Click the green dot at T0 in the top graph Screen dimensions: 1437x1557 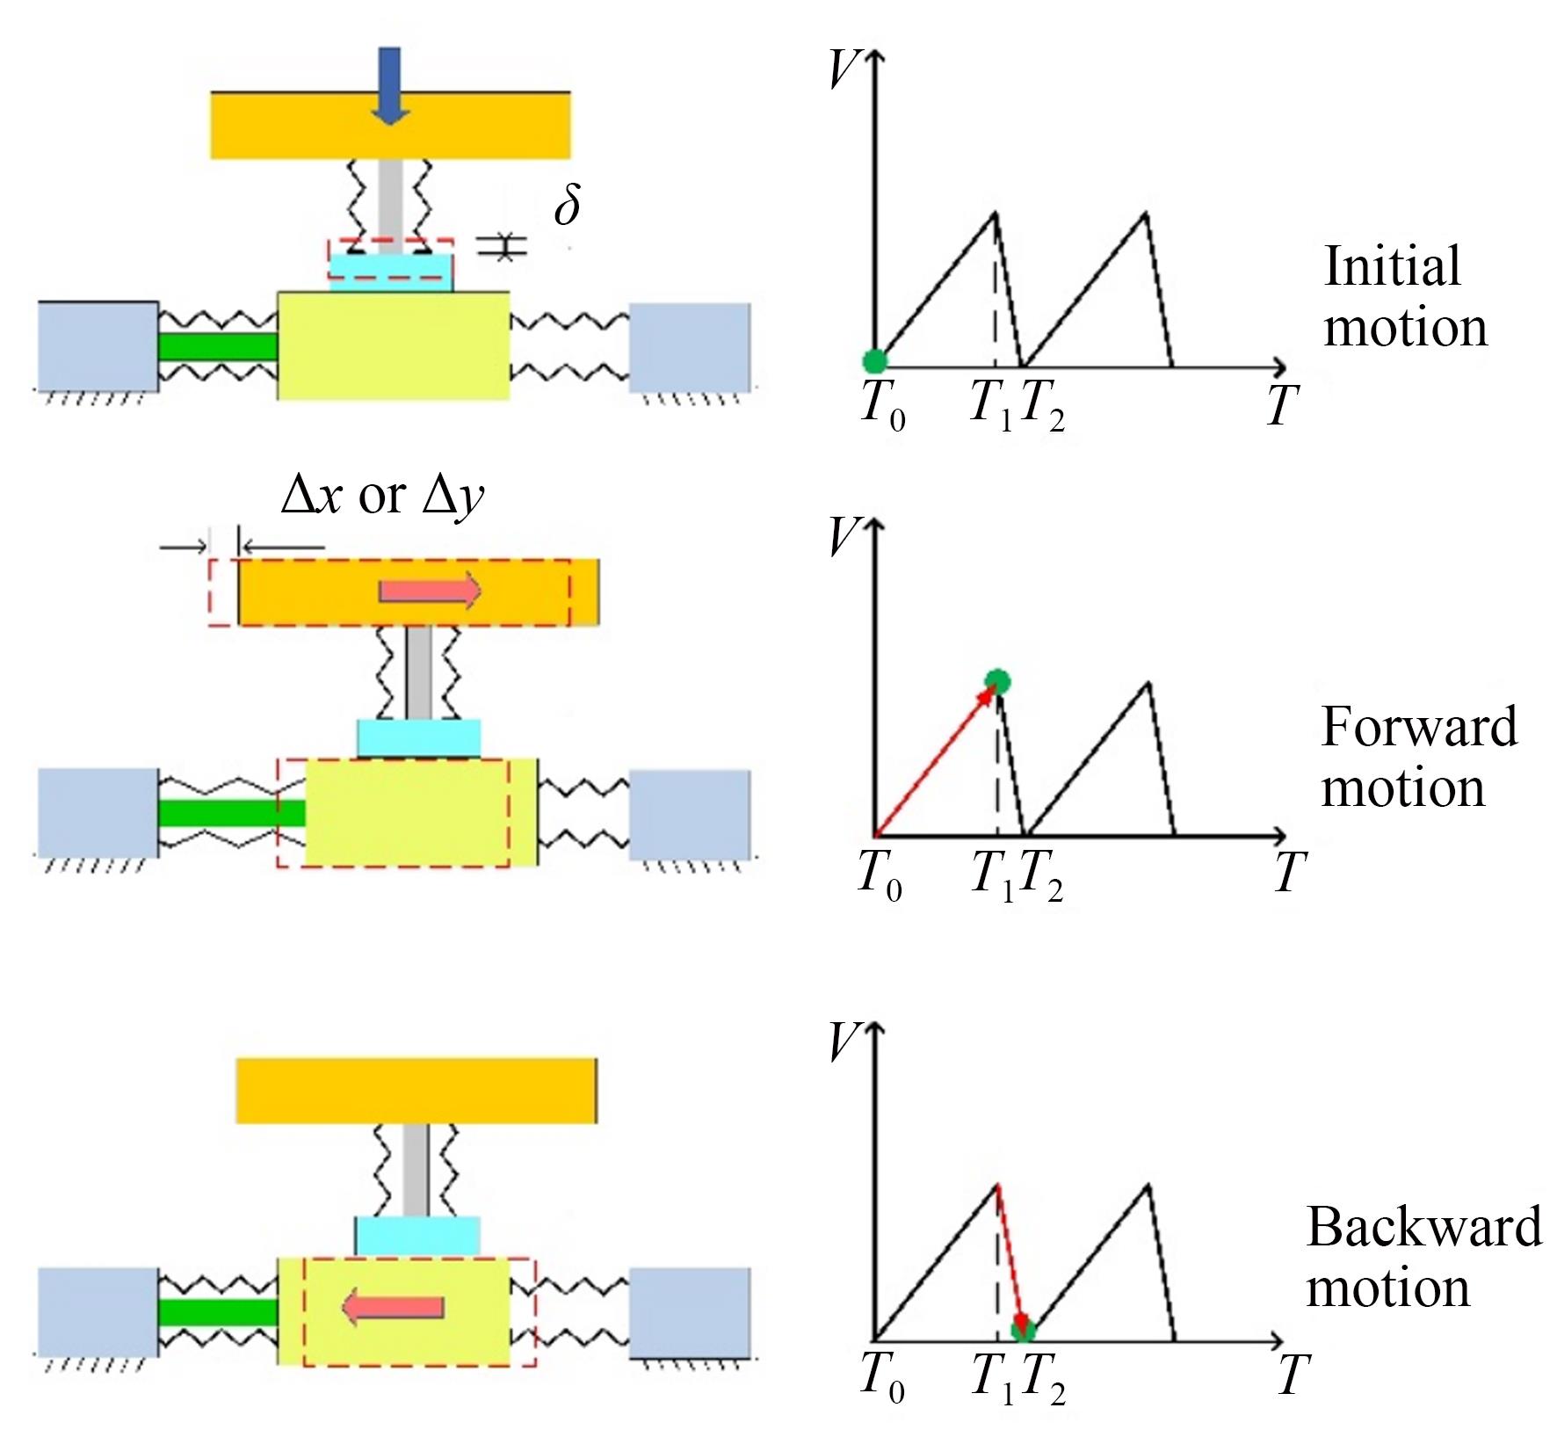(x=874, y=360)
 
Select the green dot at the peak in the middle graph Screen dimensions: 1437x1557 (x=998, y=681)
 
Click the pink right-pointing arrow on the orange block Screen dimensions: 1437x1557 (x=430, y=591)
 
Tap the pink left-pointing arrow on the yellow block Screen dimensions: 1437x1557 (x=392, y=1308)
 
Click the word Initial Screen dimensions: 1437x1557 (x=1392, y=266)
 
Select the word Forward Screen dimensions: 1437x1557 (x=1419, y=727)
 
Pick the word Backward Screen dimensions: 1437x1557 (x=1423, y=1226)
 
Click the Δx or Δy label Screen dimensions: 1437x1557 (x=382, y=496)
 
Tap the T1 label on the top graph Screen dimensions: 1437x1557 (x=991, y=406)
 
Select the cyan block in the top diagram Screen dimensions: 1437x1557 (x=392, y=272)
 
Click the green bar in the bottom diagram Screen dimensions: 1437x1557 (x=218, y=1312)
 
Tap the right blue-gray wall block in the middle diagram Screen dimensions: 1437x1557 (x=690, y=814)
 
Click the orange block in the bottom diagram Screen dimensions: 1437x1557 (x=416, y=1090)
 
